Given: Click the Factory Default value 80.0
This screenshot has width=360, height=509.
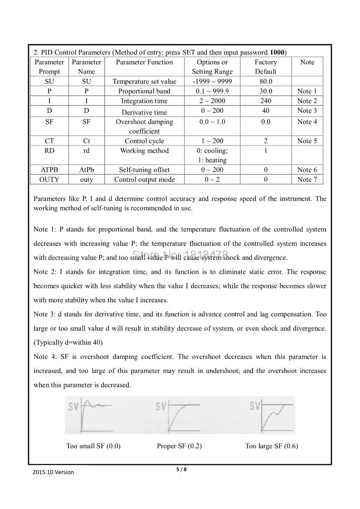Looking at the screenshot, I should tap(265, 82).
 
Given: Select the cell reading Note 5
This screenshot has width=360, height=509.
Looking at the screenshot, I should tap(307, 141).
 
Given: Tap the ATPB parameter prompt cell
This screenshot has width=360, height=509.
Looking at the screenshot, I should tap(49, 170).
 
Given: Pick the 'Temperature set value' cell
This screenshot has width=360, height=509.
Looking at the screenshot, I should tap(144, 82).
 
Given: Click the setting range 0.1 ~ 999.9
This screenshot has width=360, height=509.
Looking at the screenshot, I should tap(212, 91).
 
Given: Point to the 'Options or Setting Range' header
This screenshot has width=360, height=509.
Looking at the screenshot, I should tap(212, 67).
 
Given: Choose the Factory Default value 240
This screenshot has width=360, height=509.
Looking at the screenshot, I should tap(265, 101).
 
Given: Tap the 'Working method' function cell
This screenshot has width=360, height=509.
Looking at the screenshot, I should tap(144, 151).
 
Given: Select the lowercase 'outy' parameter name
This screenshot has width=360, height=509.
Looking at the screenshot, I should tap(86, 179).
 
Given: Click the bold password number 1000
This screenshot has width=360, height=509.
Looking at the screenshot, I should tap(277, 52).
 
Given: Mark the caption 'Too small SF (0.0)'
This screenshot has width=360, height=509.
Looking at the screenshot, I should tap(93, 446).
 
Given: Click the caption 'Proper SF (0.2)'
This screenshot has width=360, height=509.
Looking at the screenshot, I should tap(179, 446).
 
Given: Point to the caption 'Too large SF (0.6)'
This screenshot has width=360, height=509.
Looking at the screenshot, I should tap(272, 446).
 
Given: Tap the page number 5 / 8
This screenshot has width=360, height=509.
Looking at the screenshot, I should tap(181, 469).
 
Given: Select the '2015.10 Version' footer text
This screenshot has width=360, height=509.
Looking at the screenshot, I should tap(53, 472).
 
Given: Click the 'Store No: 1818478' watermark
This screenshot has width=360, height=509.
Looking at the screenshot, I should tap(180, 255).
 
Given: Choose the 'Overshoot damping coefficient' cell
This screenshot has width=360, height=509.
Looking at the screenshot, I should tap(144, 126).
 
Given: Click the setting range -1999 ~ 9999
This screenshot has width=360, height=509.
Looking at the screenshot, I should tap(212, 82).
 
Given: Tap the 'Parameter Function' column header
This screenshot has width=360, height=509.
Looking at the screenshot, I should tap(144, 62).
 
